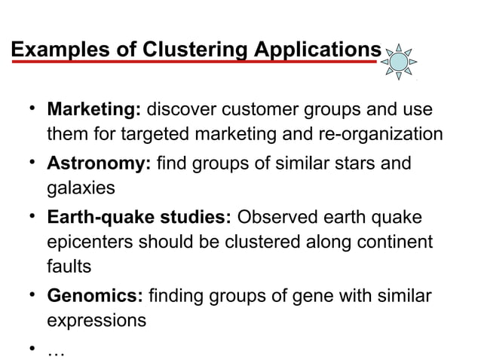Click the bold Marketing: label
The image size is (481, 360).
click(94, 110)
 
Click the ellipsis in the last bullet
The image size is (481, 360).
click(57, 349)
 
